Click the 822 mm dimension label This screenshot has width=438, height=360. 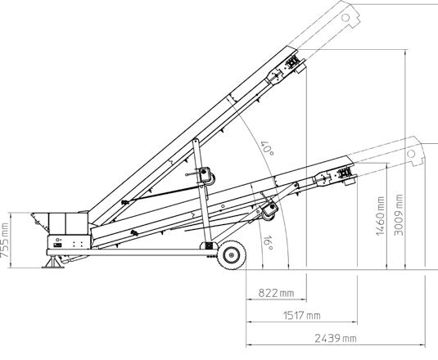coord(276,293)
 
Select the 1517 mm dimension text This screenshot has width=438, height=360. coord(301,316)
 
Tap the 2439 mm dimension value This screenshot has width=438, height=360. coord(336,339)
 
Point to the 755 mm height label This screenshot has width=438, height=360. coord(5,241)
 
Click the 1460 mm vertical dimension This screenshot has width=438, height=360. coord(380,216)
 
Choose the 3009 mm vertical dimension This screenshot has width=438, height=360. coord(399,215)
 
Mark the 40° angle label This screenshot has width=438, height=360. coord(267,148)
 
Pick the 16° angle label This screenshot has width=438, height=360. coord(269,243)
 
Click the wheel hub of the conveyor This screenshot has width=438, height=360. coord(232,255)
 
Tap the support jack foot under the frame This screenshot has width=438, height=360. coord(53,263)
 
